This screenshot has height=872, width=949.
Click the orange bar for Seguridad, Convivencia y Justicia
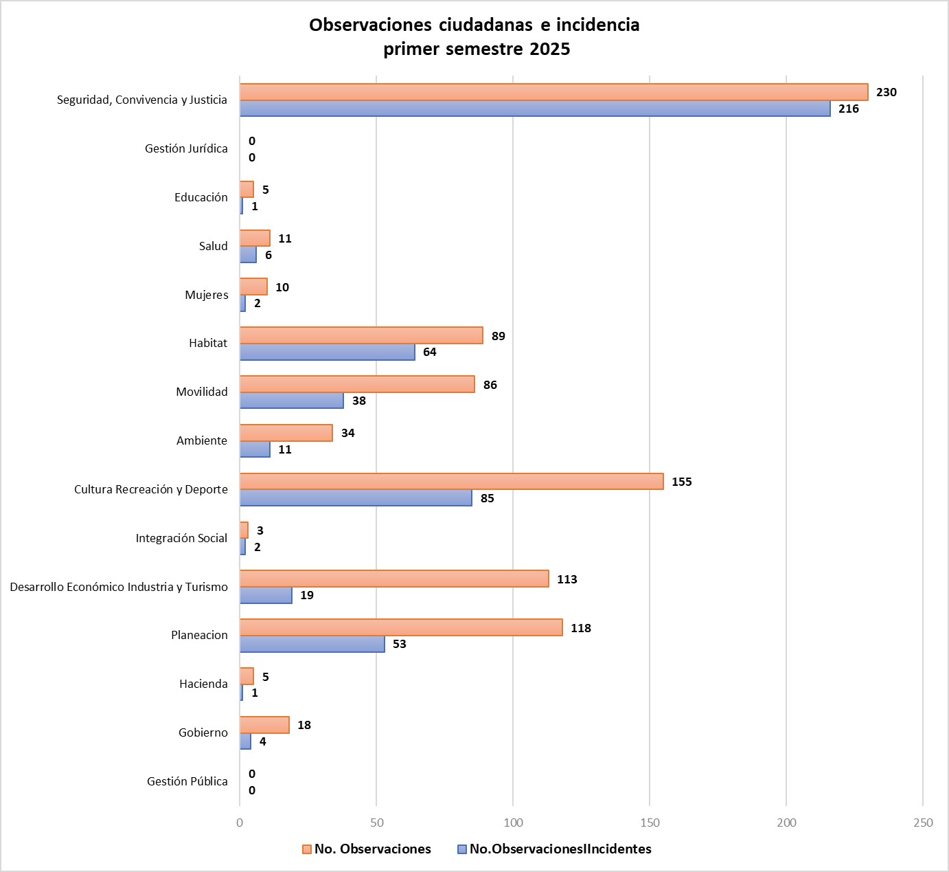pyautogui.click(x=553, y=92)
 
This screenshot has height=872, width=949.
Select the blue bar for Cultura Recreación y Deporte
pyautogui.click(x=356, y=498)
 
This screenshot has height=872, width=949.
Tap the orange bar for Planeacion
pyautogui.click(x=401, y=627)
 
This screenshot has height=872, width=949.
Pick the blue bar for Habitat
pyautogui.click(x=328, y=352)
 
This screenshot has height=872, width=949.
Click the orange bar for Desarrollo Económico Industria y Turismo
pyautogui.click(x=394, y=579)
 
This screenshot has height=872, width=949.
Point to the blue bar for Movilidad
pyautogui.click(x=292, y=401)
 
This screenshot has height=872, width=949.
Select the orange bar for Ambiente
pyautogui.click(x=286, y=433)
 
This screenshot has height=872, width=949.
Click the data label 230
pyautogui.click(x=886, y=92)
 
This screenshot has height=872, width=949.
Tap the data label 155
pyautogui.click(x=681, y=482)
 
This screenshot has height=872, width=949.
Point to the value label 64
pyautogui.click(x=429, y=352)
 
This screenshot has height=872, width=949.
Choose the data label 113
pyautogui.click(x=567, y=579)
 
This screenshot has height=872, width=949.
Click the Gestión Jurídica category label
pyautogui.click(x=186, y=148)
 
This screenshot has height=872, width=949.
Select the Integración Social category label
pyautogui.click(x=181, y=538)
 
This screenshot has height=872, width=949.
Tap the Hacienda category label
pyautogui.click(x=203, y=684)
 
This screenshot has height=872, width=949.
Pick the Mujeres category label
pyautogui.click(x=206, y=295)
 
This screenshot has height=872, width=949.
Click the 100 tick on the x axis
pyautogui.click(x=513, y=823)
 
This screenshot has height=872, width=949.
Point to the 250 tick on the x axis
pyautogui.click(x=923, y=823)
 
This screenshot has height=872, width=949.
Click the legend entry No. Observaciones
pyautogui.click(x=372, y=849)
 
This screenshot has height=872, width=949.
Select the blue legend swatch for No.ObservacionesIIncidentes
pyautogui.click(x=462, y=849)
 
